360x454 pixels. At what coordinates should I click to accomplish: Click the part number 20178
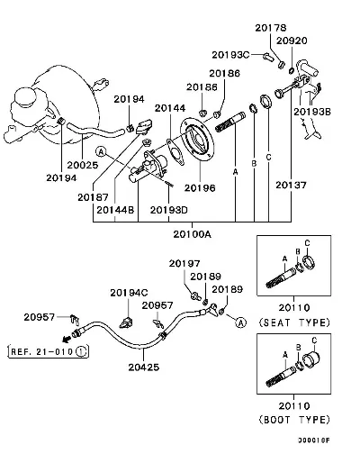tap(271, 28)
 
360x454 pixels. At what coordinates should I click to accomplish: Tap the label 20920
tap(292, 41)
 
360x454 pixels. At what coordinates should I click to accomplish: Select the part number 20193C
tap(230, 55)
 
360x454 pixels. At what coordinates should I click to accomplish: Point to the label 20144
tap(170, 108)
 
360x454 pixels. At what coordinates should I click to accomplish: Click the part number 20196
tap(200, 188)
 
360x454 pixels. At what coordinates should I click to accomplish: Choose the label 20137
tap(291, 185)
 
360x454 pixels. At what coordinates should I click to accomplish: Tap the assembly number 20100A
tap(192, 234)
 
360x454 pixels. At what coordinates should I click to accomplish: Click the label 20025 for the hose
tap(83, 165)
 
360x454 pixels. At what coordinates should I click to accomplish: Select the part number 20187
tap(93, 197)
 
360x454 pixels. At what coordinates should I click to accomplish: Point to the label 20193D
tap(169, 210)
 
